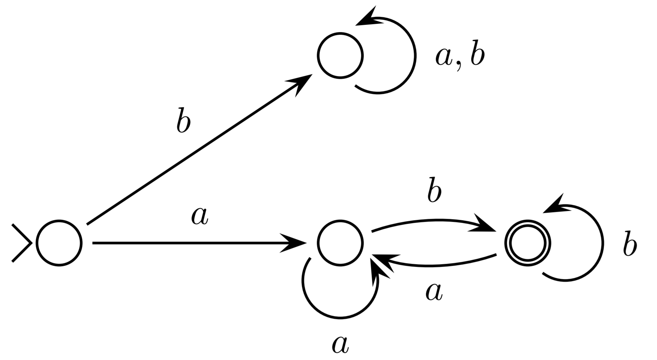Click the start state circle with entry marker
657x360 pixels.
(x=59, y=243)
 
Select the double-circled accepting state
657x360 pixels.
(x=527, y=243)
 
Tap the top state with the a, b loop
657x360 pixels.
(x=340, y=56)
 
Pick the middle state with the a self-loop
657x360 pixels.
(x=340, y=243)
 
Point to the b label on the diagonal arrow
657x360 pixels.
(x=183, y=120)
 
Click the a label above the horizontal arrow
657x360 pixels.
(x=200, y=217)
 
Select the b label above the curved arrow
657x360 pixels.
(x=434, y=191)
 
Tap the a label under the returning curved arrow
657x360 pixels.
(x=434, y=292)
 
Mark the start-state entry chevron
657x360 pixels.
(x=21, y=243)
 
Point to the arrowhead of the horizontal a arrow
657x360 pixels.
(x=294, y=243)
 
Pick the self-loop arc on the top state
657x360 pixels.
(x=413, y=56)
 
